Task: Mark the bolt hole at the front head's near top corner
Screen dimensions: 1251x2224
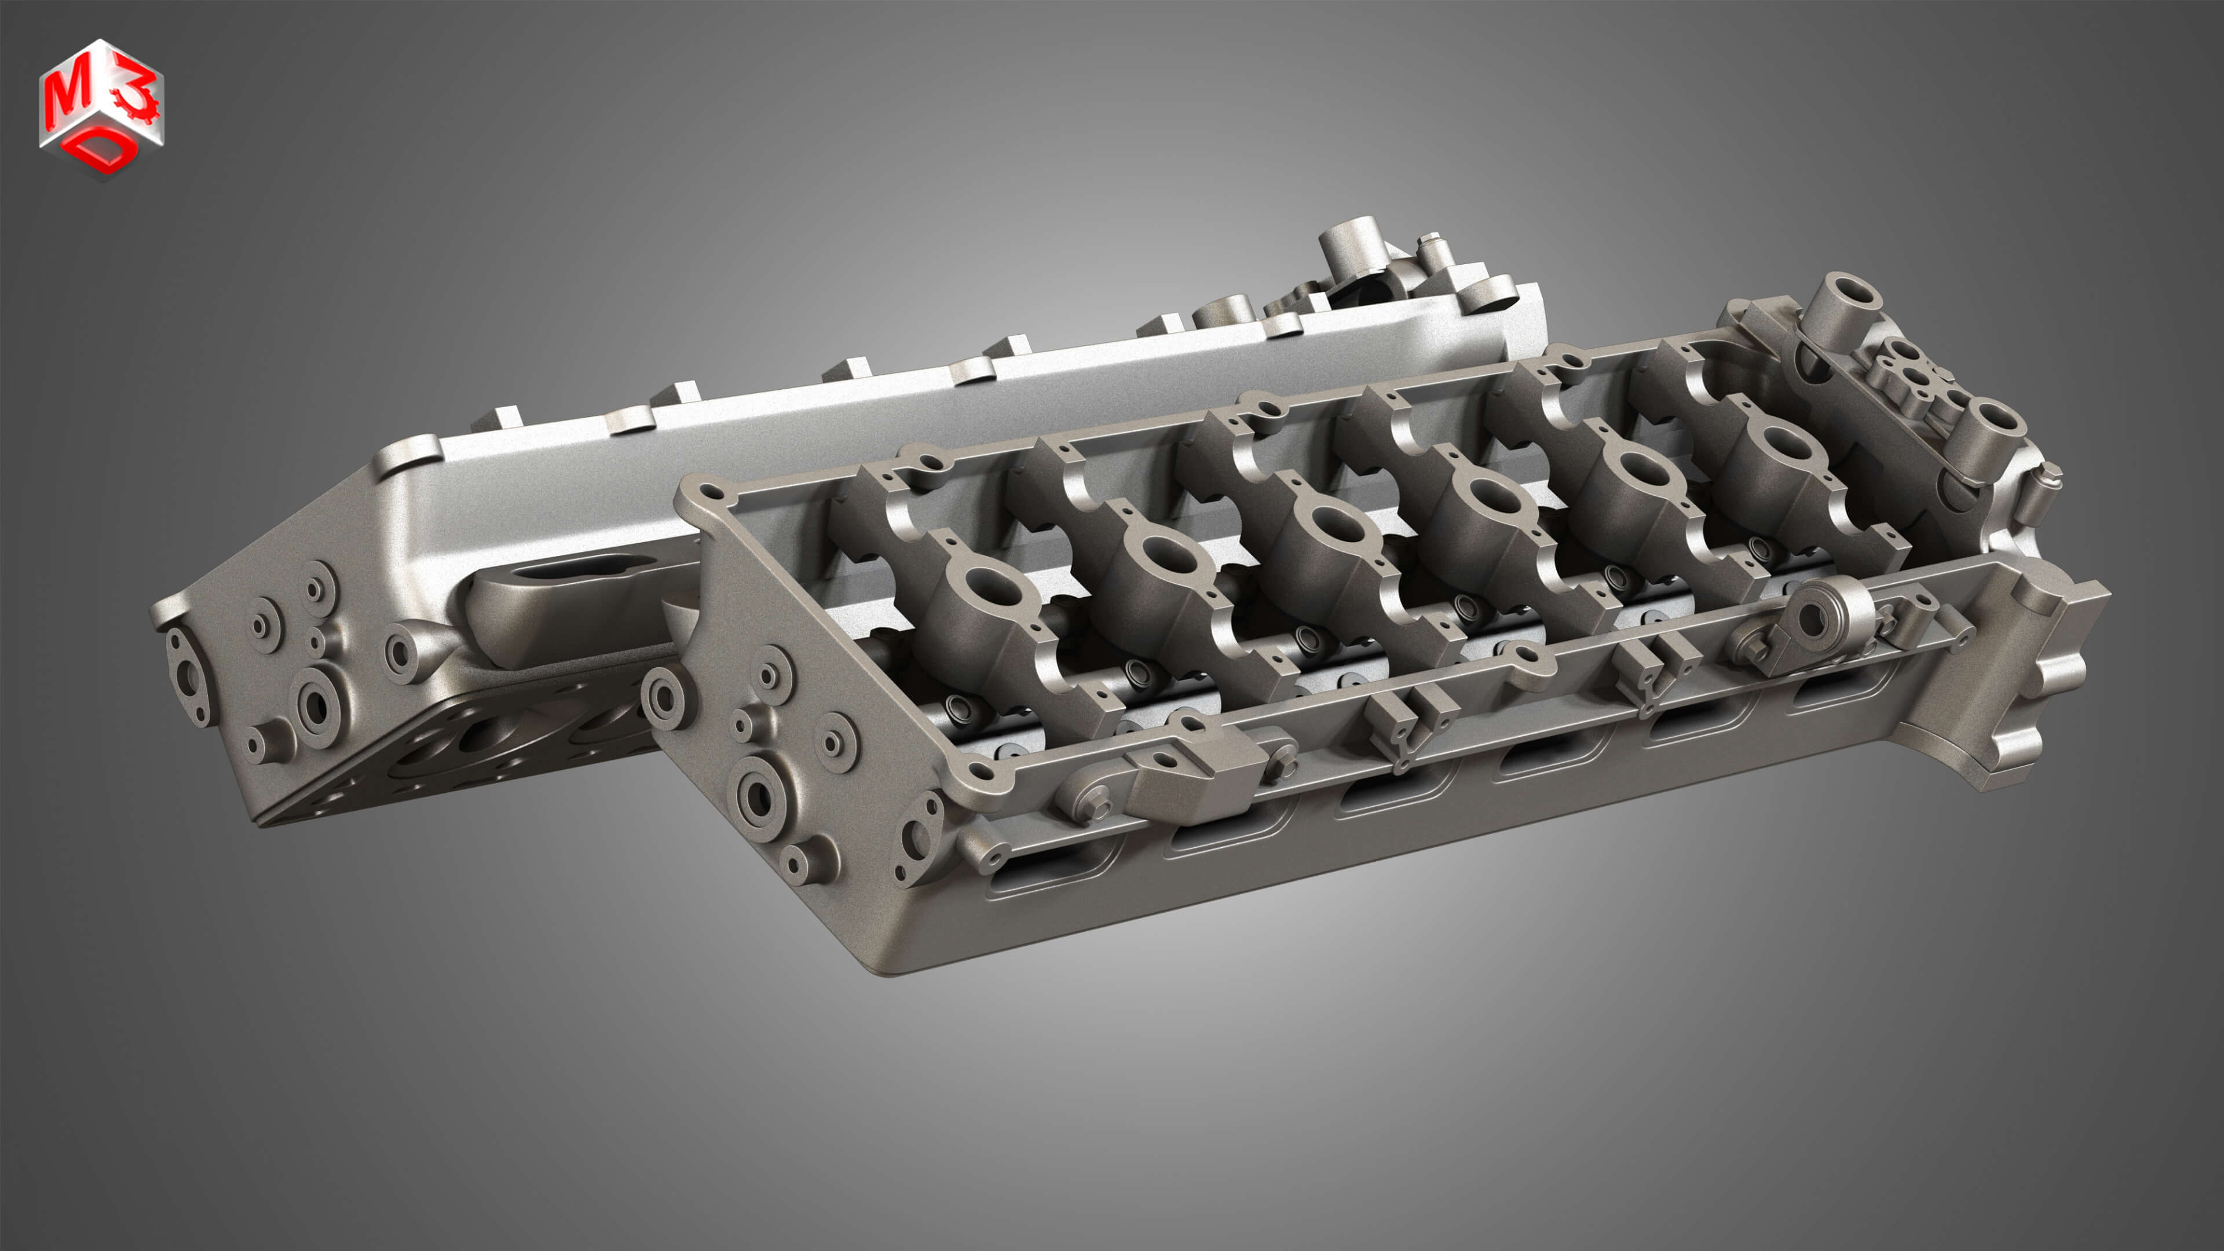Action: pyautogui.click(x=709, y=494)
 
